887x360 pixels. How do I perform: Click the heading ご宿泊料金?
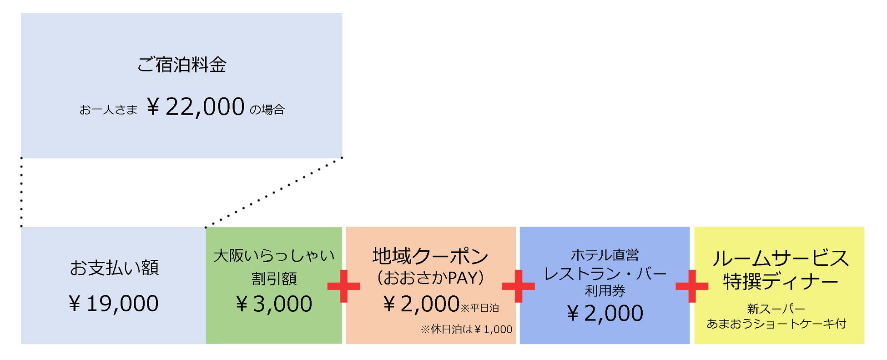pos(181,65)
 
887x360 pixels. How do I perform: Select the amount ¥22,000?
pos(196,107)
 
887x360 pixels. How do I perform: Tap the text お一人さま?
pos(108,110)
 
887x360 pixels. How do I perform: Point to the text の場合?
pos(267,110)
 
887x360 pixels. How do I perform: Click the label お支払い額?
pos(114,268)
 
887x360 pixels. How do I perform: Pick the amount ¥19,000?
pos(114,304)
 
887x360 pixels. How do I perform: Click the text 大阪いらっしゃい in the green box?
pos(274,255)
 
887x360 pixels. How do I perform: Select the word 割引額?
pos(274,279)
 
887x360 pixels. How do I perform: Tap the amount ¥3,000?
pos(274,304)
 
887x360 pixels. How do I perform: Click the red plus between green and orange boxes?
pos(344,286)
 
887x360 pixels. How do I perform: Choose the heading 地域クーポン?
pos(430,256)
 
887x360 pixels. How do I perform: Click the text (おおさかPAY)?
pos(430,278)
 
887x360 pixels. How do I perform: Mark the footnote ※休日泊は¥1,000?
pos(466,330)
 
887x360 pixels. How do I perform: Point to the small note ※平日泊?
pos(480,309)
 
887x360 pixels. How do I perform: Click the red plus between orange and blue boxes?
pos(518,286)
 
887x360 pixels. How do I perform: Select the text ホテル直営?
pos(605,255)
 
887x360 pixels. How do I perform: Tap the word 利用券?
pos(605,290)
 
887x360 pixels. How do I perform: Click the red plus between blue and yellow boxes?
pos(692,286)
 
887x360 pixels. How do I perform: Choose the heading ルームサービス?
pos(781,258)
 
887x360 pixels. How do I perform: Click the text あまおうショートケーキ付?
pos(776,324)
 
